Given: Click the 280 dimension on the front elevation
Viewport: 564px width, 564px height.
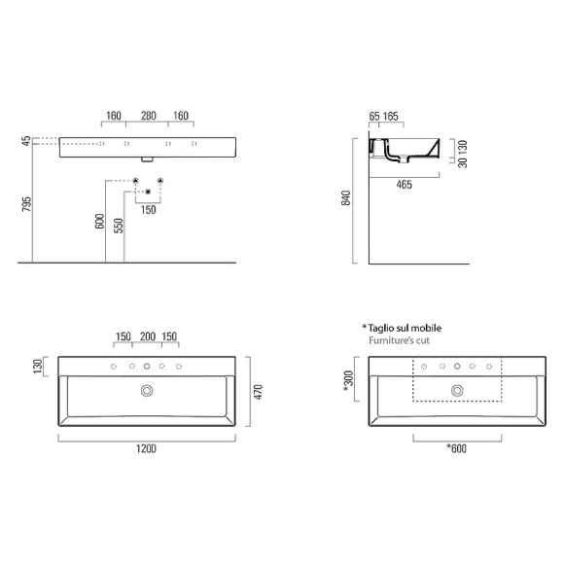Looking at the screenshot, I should point(149,116).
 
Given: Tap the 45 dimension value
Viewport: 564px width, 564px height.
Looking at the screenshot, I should point(27,142).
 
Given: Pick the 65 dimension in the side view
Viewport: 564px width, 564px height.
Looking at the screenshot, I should point(375,117).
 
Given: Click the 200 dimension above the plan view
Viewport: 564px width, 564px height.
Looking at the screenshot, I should point(147,337).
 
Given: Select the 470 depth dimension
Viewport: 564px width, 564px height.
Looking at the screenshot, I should point(259,390).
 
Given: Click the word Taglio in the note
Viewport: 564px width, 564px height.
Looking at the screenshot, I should point(384,328).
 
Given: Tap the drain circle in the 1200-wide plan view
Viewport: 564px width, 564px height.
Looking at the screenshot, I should point(147,390).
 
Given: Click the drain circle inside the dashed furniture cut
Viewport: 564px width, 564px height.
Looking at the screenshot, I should point(456,390).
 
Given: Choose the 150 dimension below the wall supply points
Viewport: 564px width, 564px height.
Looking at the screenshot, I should point(148,209).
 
